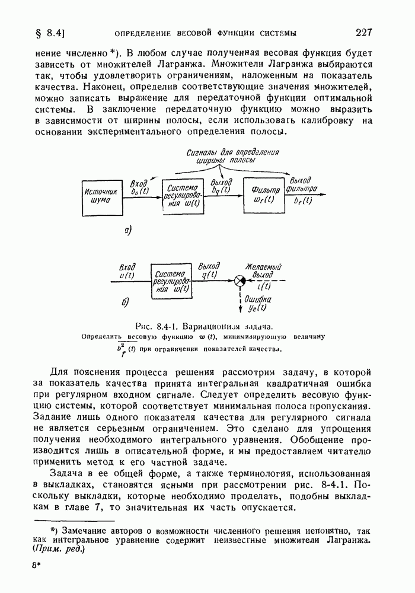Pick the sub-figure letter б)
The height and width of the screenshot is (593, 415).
click(125, 303)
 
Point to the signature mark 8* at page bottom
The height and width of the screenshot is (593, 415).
click(37, 566)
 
